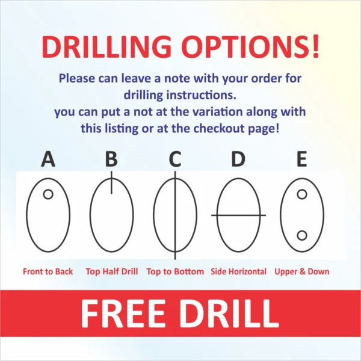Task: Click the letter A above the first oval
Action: coord(48,159)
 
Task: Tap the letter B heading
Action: coord(111,159)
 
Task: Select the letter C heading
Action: coord(175,159)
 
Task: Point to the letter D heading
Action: coord(238,159)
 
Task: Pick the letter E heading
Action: coord(302,159)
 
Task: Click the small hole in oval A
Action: coord(48,194)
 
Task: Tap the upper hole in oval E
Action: coord(302,194)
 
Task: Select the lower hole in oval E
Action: coord(302,235)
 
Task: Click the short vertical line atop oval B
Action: coord(112,182)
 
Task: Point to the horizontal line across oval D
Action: coord(238,215)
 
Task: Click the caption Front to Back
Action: coord(48,272)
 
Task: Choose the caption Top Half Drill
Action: coord(112,272)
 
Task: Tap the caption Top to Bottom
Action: coord(175,272)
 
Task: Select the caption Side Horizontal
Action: coord(238,272)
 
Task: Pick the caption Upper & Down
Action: coord(302,272)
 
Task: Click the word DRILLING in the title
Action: coord(106,47)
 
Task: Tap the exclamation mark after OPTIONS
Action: coord(316,46)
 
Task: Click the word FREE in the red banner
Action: coord(123,313)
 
